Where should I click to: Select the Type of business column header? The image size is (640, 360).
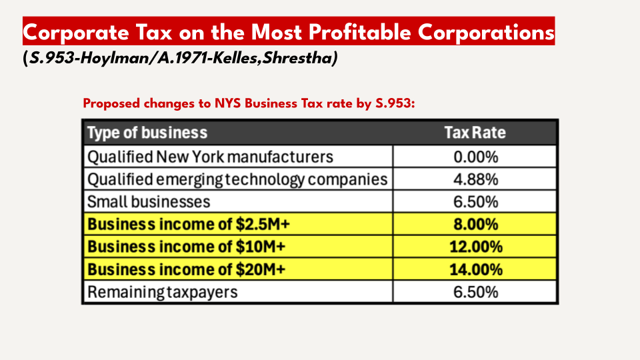coord(147,133)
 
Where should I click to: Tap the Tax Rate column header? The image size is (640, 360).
coord(475,133)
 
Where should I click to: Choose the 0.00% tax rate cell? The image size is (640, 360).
coord(475,157)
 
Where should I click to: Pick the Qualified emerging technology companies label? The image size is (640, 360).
coord(237,179)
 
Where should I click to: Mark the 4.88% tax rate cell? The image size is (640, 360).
coord(475,179)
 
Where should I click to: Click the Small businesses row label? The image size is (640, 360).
coord(149,201)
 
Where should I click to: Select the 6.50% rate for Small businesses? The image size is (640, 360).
coord(475,201)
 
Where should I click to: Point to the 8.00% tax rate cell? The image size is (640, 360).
coord(475,225)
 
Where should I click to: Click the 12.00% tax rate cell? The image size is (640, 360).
coord(475,247)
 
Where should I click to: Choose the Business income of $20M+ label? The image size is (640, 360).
coord(187,270)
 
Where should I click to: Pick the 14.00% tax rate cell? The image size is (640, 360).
coord(475,270)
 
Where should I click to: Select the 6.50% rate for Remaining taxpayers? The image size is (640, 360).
coord(475,292)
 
